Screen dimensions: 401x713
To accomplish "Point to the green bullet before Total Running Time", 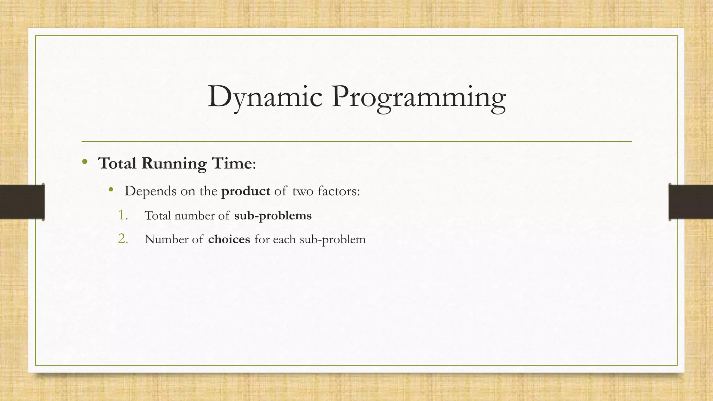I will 85,162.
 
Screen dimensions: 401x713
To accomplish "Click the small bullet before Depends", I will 111,190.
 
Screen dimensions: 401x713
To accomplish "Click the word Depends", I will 150,191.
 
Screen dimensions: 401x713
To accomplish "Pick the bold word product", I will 245,191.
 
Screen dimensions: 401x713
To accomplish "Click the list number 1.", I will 123,215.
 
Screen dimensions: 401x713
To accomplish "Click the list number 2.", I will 123,239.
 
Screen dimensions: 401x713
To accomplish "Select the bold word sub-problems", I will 273,216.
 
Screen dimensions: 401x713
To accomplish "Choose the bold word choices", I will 229,239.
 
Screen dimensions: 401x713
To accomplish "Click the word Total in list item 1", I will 158,216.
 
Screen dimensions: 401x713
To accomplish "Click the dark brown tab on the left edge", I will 22,202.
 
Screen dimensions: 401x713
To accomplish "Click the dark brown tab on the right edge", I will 691,202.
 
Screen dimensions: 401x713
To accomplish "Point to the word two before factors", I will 303,191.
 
